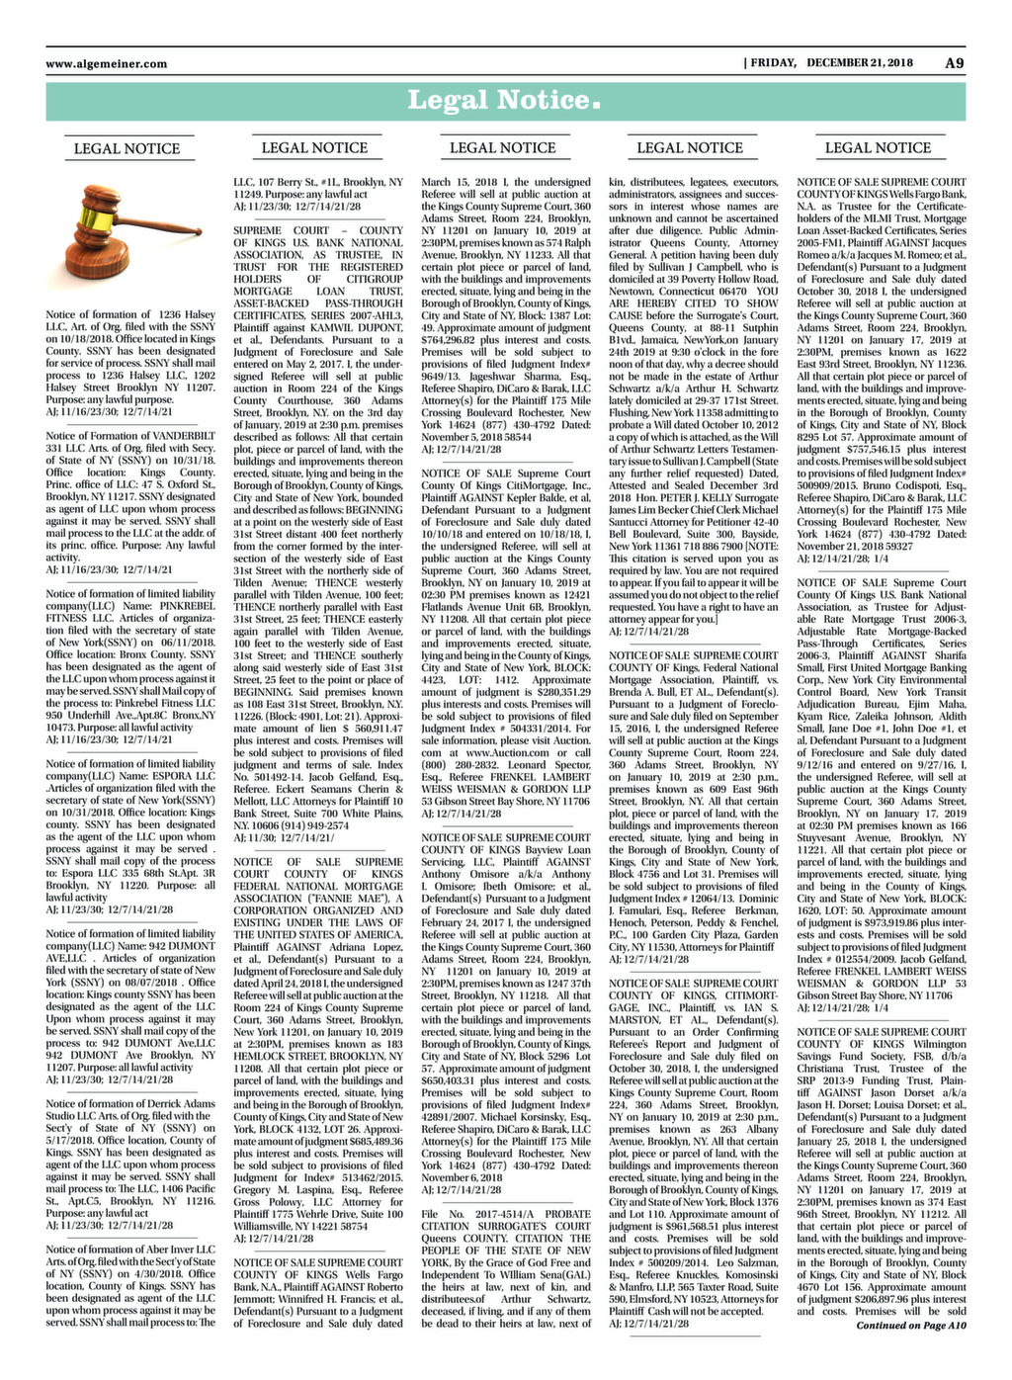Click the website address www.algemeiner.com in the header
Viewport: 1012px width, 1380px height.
pyautogui.click(x=106, y=63)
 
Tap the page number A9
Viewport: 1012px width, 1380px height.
pyautogui.click(x=954, y=63)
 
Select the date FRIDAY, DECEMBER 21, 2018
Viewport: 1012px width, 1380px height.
pyautogui.click(x=831, y=63)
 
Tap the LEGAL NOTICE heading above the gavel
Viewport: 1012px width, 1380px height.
pyautogui.click(x=126, y=149)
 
